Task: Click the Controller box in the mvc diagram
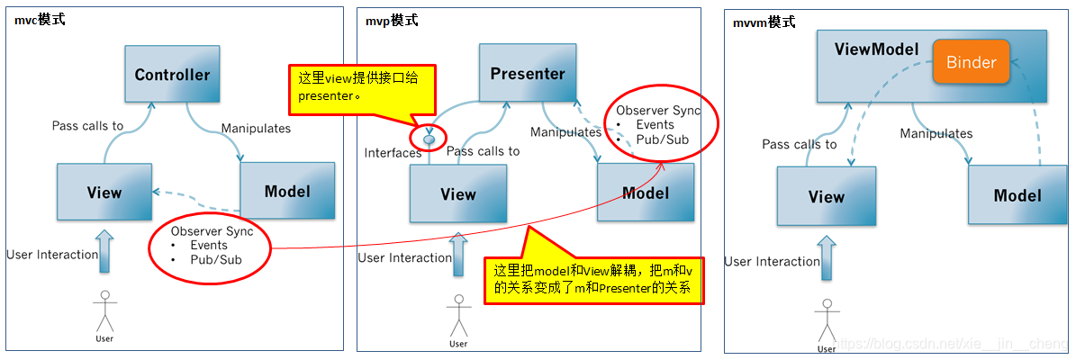click(172, 75)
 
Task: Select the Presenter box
click(528, 74)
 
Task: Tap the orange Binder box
click(971, 62)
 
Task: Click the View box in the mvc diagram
click(104, 192)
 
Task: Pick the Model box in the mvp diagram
click(646, 193)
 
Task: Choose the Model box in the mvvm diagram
click(1017, 195)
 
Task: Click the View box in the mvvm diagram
click(826, 196)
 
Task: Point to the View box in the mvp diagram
click(457, 193)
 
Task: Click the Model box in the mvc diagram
click(287, 191)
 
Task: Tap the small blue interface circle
click(429, 139)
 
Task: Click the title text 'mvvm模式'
click(764, 22)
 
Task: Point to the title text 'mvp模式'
click(393, 20)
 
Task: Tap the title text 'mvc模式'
click(40, 20)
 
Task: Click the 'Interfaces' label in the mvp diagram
click(393, 153)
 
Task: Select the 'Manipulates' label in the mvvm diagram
click(936, 133)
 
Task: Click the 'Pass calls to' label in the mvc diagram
click(87, 126)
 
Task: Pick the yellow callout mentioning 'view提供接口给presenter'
click(360, 88)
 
